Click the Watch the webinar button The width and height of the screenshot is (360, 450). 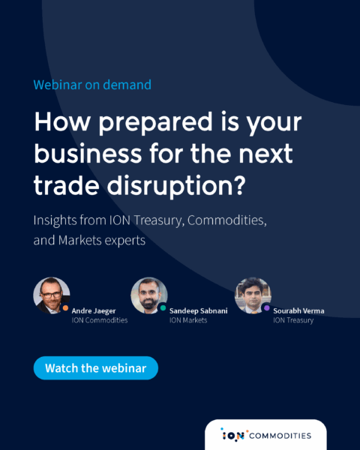(x=96, y=368)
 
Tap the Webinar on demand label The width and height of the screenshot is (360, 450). (x=92, y=85)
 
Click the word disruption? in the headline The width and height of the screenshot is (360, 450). (x=176, y=186)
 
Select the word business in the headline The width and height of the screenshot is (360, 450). (x=88, y=153)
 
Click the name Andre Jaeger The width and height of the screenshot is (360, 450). (x=94, y=310)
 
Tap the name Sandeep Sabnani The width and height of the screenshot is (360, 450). (x=198, y=310)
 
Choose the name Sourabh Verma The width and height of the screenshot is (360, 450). (x=298, y=310)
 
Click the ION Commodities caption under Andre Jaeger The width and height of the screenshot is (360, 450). (x=100, y=320)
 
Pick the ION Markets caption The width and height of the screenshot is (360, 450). (x=188, y=320)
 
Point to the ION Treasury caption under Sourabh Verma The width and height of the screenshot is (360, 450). (x=293, y=320)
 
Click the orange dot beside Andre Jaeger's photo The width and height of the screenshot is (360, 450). (x=65, y=308)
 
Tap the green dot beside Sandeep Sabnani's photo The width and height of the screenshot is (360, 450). (x=163, y=308)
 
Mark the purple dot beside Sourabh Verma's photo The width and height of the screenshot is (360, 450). (x=267, y=308)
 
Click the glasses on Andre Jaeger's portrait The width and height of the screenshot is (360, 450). (x=52, y=295)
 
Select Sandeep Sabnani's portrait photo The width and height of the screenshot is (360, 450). (x=149, y=295)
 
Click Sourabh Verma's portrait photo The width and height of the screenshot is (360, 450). (x=253, y=295)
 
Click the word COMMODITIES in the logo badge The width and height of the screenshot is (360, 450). (x=280, y=436)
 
